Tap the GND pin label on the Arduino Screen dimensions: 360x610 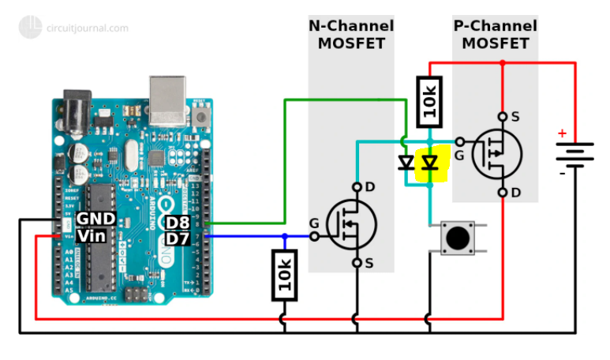96,218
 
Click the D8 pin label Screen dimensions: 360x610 178,223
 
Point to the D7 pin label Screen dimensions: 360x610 178,238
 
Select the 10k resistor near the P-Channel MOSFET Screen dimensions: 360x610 429,102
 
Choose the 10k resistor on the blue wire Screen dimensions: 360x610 284,275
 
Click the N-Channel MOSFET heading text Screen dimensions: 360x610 350,35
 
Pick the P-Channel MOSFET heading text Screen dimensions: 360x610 495,35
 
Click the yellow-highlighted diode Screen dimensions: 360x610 429,163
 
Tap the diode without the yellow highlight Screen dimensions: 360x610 406,163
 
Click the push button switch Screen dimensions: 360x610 455,238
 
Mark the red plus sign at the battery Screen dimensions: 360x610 562,133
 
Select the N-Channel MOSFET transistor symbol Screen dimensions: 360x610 351,225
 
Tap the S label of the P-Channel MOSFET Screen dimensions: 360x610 515,117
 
